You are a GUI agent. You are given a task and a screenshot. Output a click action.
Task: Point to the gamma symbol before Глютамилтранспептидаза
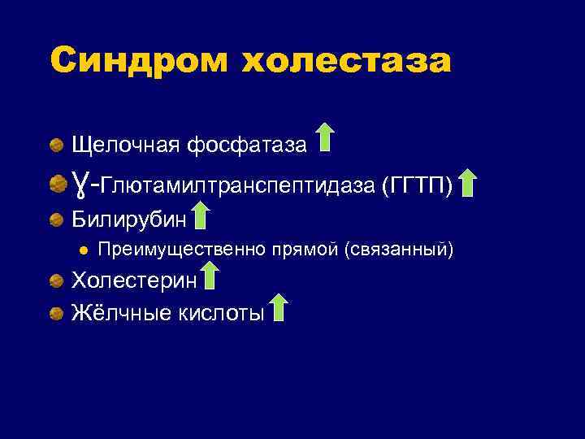coord(79,184)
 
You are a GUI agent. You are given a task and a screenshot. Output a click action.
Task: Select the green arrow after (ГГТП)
coord(468,183)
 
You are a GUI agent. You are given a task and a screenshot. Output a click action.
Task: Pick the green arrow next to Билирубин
coord(201,215)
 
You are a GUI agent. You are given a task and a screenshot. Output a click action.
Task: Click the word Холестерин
coord(135,280)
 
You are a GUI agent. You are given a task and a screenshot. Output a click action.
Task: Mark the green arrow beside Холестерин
coord(210,276)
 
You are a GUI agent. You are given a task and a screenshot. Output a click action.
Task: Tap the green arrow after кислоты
coord(279,308)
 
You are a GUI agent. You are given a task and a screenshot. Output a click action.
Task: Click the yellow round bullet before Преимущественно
coord(83,249)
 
